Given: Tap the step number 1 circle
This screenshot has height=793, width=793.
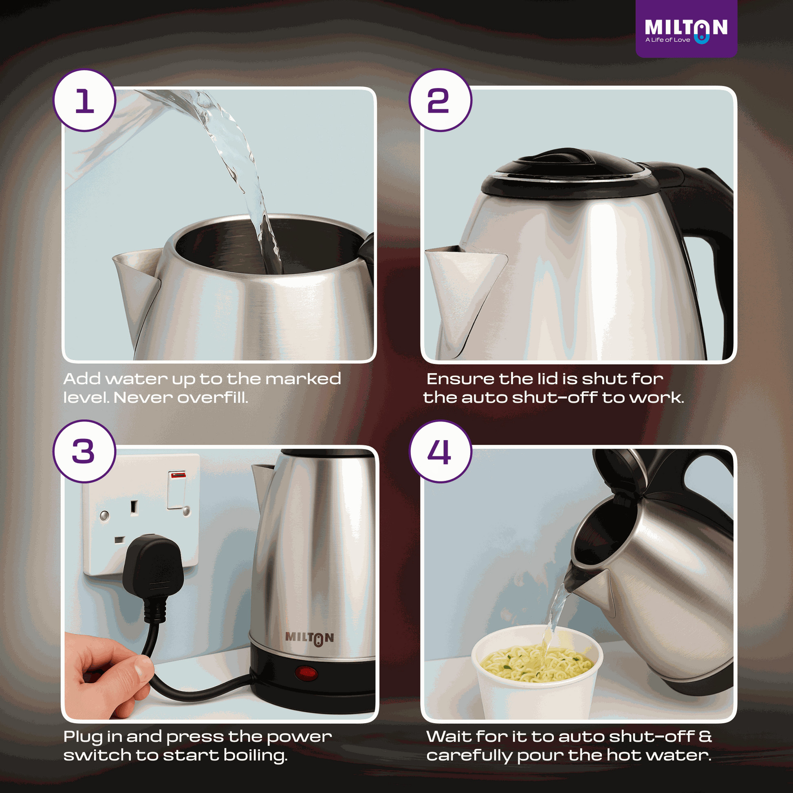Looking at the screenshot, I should (84, 101).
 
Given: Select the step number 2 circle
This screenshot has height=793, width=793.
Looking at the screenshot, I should (440, 101).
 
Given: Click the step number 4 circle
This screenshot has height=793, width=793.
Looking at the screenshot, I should (440, 451).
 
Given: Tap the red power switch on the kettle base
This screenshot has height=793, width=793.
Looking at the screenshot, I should (306, 673).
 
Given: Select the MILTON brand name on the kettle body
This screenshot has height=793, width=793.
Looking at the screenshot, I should (309, 637).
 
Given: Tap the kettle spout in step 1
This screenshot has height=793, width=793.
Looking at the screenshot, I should (137, 279).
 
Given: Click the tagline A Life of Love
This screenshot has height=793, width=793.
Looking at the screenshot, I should (667, 40).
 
